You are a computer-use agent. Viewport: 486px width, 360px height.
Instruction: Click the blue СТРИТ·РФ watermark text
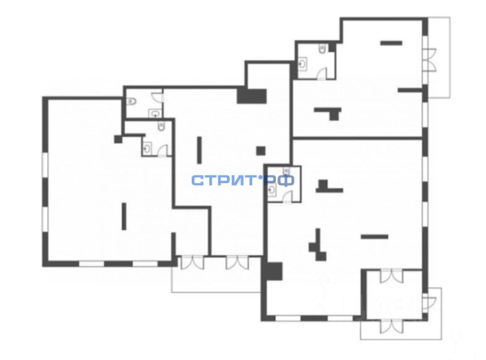pos(242,180)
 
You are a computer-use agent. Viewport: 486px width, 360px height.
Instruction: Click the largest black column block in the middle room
pos(252,96)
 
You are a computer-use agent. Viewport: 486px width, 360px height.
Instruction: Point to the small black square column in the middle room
pos(261,150)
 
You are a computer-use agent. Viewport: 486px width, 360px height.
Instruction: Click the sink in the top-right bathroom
pos(303,63)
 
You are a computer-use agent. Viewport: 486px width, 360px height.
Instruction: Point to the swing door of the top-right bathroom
pos(322,74)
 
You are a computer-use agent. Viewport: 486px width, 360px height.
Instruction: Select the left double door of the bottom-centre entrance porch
pos(191,262)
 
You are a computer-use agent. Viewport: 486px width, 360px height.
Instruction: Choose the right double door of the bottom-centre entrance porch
pos(237,262)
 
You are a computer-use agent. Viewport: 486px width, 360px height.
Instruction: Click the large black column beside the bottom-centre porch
pos(272,270)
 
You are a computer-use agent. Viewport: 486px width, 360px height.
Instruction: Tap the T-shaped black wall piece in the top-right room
pos(328,111)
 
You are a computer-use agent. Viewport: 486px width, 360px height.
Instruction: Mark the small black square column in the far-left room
pos(118,139)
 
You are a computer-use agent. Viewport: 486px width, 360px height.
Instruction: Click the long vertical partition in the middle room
pos(199,150)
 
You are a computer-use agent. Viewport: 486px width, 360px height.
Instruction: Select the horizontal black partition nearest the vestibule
pos(374,236)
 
